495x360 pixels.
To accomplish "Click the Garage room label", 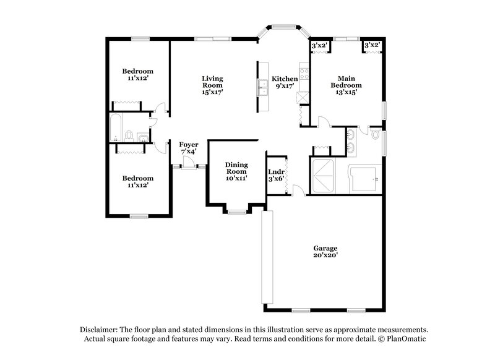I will click(325, 248).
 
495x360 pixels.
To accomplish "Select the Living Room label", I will click(212, 79).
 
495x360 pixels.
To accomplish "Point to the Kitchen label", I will click(285, 79).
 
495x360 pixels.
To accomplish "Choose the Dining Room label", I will click(236, 168).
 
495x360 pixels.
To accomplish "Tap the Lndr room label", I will click(276, 172).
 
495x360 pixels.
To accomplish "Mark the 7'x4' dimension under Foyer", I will click(189, 151).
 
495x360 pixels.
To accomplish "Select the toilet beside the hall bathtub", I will click(129, 135).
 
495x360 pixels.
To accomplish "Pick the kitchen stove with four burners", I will click(304, 78).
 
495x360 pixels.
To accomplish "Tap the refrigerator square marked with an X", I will click(303, 98).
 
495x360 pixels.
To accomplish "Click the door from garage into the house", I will click(299, 191).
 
